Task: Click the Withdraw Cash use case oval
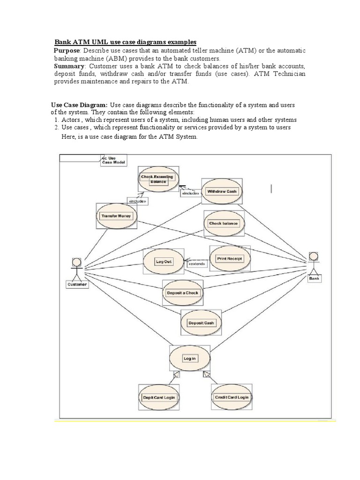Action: tap(222, 191)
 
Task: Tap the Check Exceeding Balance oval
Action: tap(157, 179)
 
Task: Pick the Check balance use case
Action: tap(224, 223)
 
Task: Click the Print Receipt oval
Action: tap(229, 258)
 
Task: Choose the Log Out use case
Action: tap(164, 262)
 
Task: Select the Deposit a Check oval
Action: tap(183, 293)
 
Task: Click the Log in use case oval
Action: tap(190, 359)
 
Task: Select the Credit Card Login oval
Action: tap(232, 397)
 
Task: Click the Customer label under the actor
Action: tap(77, 285)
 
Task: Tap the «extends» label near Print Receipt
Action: tap(197, 264)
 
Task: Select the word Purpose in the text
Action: tap(67, 50)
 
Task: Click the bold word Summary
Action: tap(69, 66)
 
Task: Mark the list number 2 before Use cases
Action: tap(56, 127)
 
